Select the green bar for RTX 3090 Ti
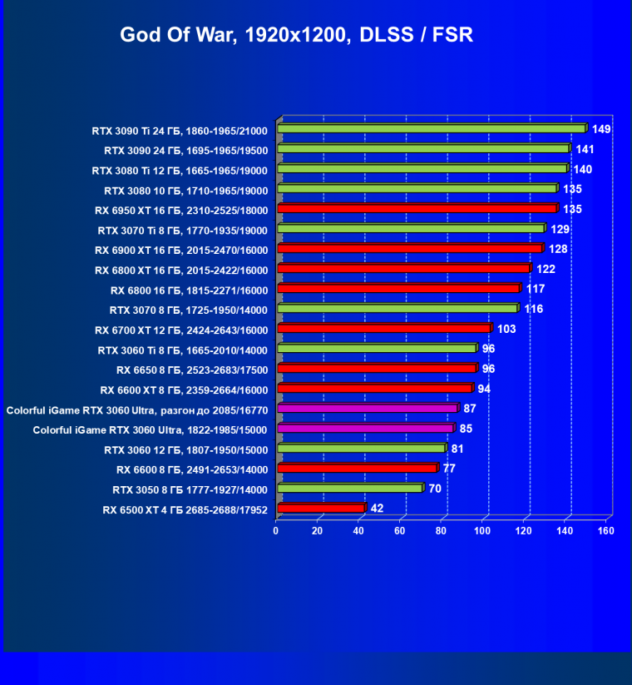click(431, 129)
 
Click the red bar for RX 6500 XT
click(320, 508)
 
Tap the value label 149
click(601, 129)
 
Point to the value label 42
click(377, 508)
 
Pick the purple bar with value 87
click(367, 409)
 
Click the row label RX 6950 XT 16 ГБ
click(180, 210)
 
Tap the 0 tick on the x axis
click(276, 530)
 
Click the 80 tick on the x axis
click(441, 530)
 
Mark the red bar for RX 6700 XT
click(384, 329)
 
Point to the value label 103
click(507, 329)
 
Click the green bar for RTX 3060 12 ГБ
click(361, 449)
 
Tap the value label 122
click(546, 269)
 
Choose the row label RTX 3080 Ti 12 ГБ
click(180, 170)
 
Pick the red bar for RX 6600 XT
click(374, 389)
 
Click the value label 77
click(449, 469)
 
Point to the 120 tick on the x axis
click(523, 530)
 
